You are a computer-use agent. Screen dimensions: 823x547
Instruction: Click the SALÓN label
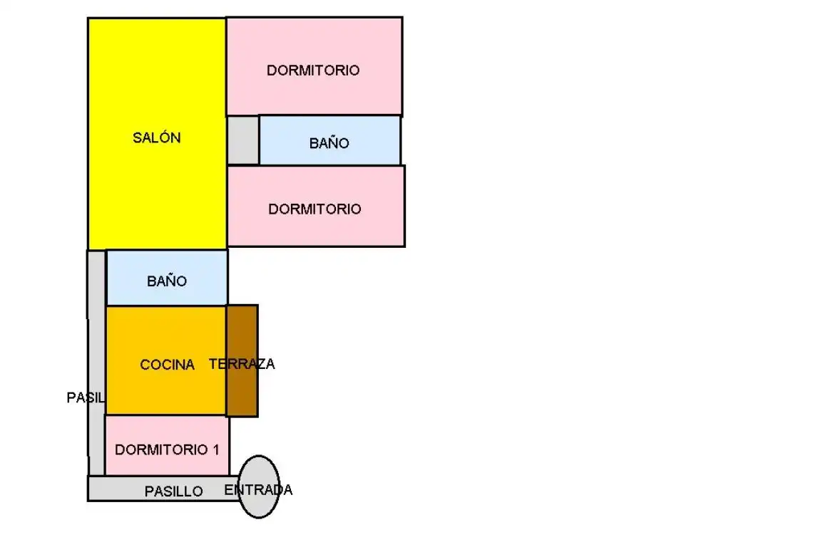point(156,137)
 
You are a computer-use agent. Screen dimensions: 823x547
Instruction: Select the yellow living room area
point(157,134)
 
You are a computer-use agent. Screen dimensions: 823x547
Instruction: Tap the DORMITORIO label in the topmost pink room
point(313,71)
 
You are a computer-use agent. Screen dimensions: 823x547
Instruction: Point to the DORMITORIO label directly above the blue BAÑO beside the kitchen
point(315,209)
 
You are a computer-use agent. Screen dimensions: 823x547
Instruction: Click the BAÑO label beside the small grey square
point(329,143)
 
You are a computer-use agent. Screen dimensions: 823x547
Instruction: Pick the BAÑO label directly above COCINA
point(167,281)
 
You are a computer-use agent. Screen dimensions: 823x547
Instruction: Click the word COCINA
point(168,365)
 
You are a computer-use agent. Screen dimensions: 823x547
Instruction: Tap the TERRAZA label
point(242,364)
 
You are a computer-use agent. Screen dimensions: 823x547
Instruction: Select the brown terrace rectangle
point(242,361)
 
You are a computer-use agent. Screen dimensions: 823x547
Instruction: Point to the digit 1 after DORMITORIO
point(215,449)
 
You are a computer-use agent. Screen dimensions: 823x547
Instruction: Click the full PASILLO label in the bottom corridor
point(174,491)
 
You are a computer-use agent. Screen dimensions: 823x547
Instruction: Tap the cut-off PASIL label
point(86,397)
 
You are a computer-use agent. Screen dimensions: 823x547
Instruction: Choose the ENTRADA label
point(258,490)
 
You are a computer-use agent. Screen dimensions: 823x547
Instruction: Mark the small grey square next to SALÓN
point(243,140)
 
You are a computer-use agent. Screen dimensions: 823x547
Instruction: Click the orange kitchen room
point(166,360)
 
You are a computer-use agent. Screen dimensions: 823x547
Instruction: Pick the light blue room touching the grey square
point(329,140)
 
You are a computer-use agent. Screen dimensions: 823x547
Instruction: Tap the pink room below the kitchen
point(167,445)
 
